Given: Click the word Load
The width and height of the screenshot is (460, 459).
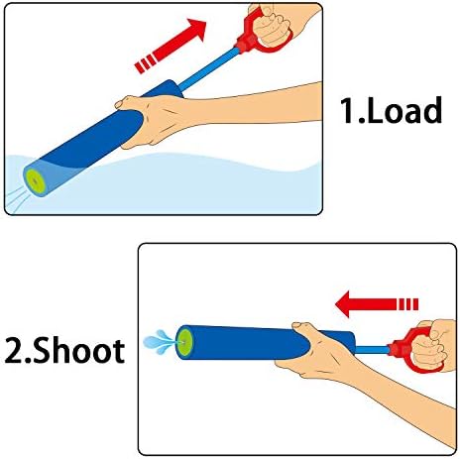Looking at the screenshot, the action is (404, 110).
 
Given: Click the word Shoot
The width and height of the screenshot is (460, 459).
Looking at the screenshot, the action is (78, 350).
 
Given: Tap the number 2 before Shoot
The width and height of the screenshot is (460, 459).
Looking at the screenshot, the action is (14, 351).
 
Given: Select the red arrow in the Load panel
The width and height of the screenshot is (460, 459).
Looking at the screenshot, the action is (171, 46).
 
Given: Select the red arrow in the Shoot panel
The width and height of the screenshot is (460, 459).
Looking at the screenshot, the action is (377, 304).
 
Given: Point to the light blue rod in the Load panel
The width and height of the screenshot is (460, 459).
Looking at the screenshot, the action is (209, 70).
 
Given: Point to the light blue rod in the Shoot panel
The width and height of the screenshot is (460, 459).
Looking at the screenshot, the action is (372, 350).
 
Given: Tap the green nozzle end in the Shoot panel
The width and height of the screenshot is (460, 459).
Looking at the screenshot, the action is (183, 342).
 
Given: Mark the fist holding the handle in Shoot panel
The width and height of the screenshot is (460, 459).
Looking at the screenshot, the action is (433, 345).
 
